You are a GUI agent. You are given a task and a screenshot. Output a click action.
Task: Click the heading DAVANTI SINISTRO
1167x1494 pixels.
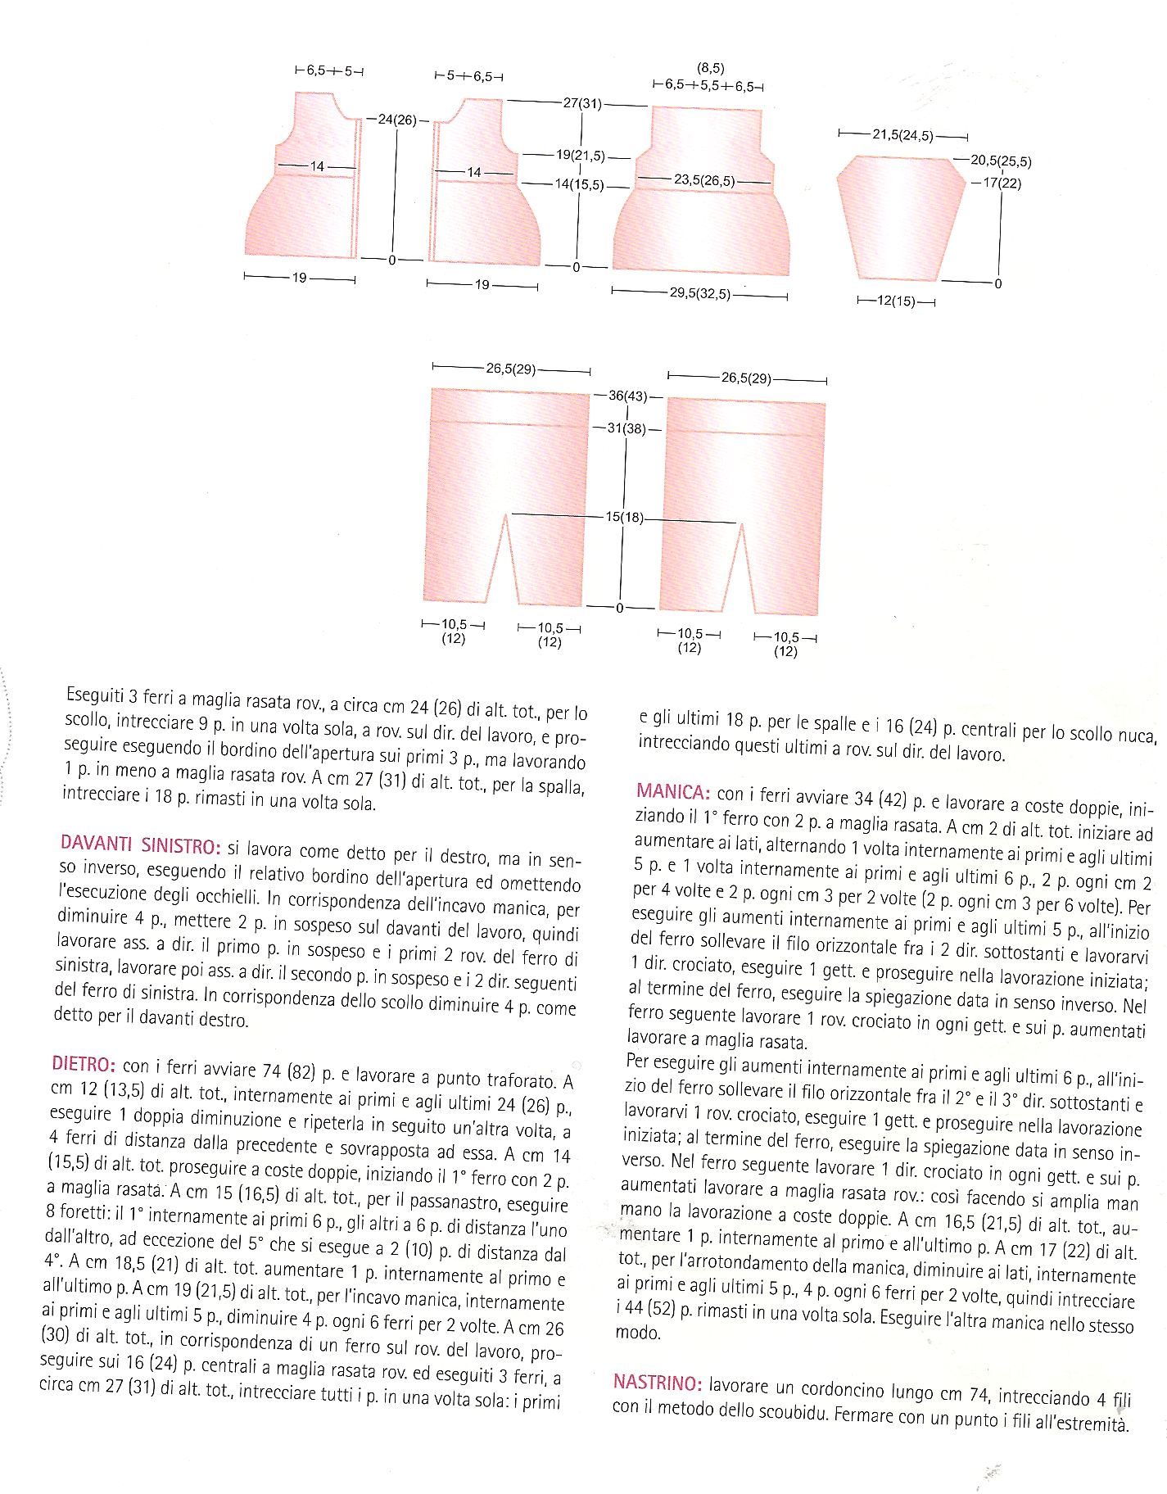(140, 844)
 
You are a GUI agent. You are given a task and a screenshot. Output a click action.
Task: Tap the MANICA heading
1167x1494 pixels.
(672, 792)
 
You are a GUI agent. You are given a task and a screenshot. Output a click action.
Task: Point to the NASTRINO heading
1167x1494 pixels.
(657, 1383)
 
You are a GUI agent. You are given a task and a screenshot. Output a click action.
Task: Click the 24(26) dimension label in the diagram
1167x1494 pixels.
(397, 120)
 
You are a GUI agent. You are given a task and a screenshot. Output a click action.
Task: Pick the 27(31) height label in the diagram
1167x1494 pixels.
(581, 103)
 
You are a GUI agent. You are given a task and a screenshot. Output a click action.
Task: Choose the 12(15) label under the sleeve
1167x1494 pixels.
(896, 301)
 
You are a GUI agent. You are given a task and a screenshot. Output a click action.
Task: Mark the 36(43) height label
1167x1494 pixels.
(627, 396)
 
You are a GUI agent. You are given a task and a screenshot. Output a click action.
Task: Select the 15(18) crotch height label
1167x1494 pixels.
(625, 517)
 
